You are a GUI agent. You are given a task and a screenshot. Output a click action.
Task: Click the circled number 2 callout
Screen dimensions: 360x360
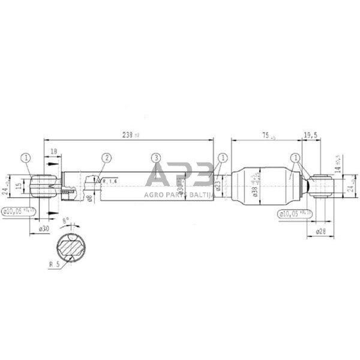[x=106, y=158]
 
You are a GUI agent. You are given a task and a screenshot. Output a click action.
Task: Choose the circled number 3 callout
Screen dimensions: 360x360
[x=156, y=158]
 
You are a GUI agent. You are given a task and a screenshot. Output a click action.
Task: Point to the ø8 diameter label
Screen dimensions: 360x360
[x=89, y=197]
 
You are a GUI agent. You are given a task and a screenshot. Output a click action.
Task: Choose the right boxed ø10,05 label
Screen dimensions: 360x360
[x=295, y=212]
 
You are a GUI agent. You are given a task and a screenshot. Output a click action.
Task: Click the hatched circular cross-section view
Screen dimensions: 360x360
[x=72, y=247]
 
